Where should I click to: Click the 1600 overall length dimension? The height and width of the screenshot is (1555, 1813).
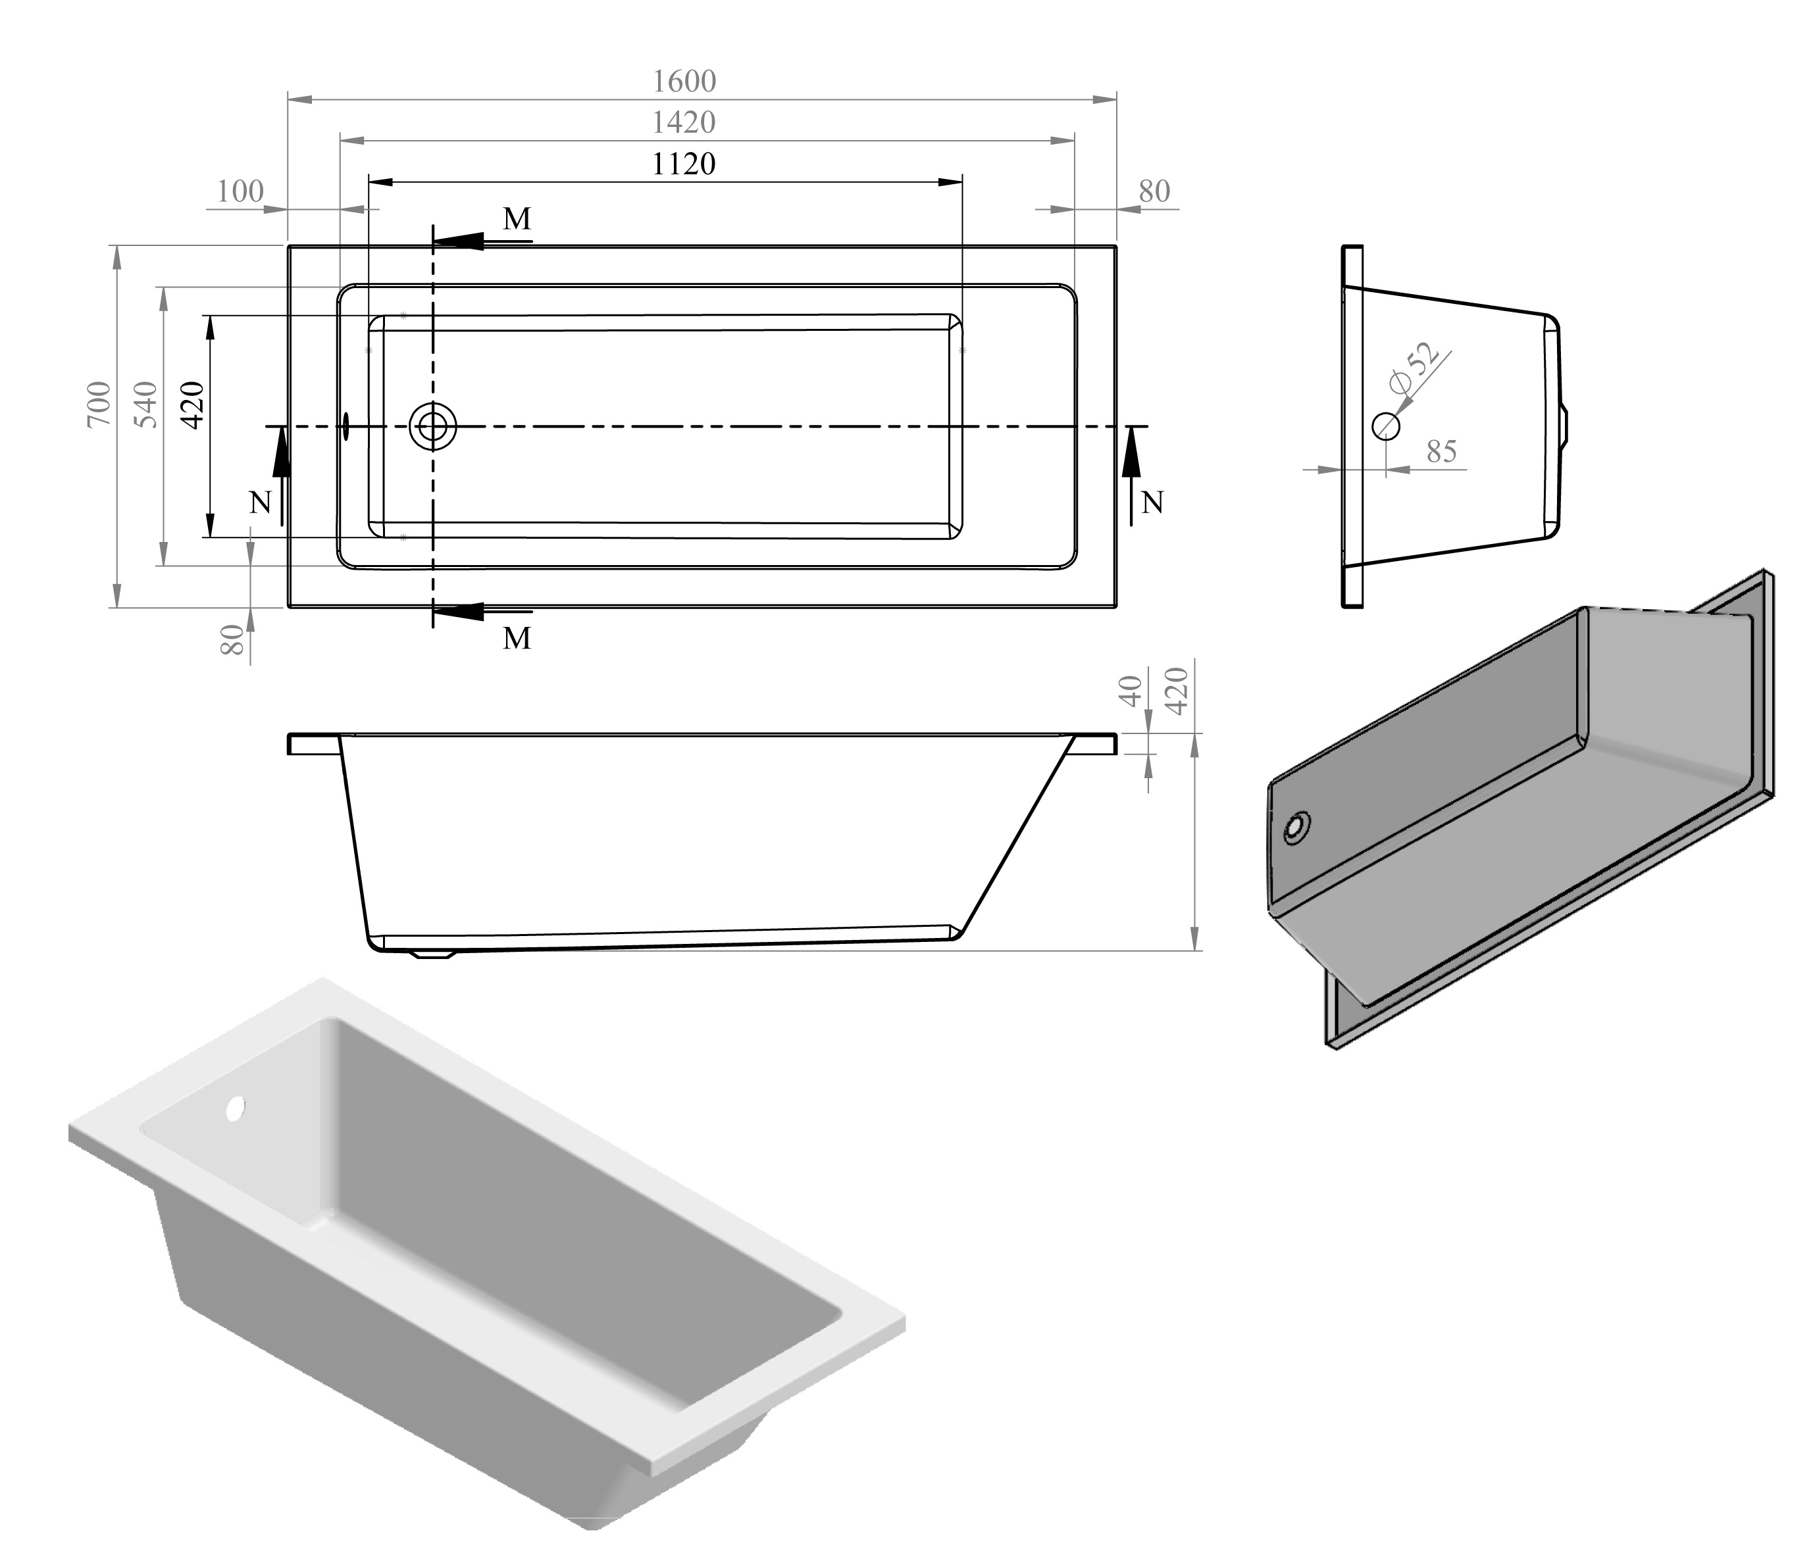[684, 82]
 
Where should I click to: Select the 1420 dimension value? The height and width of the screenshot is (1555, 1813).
[684, 122]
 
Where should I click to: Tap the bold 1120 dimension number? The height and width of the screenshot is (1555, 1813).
[684, 164]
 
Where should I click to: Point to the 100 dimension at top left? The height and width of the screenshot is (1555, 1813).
[240, 191]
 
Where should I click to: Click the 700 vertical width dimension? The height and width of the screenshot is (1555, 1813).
[100, 403]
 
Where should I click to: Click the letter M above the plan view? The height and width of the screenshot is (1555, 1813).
[517, 218]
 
